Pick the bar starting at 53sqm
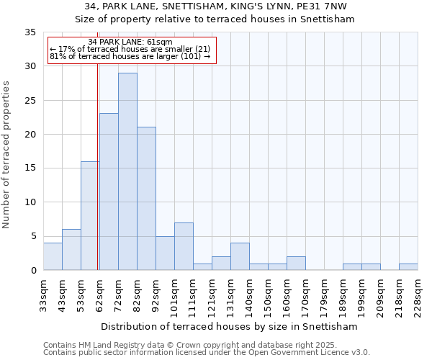90,216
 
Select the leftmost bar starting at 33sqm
53,256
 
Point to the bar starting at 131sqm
240,256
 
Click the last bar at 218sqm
408,267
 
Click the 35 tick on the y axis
30,32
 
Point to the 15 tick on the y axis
30,168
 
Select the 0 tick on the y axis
33,271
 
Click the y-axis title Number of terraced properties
6,154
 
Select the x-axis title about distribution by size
230,326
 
